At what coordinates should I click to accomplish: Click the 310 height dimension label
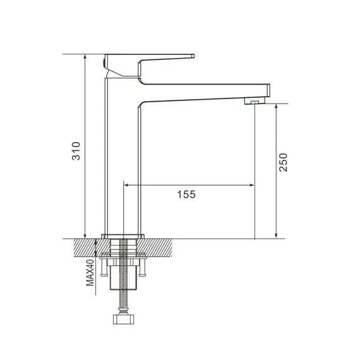[x=76, y=152]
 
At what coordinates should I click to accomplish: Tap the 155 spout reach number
[x=187, y=195]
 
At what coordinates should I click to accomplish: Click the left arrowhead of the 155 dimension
[x=126, y=185]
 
